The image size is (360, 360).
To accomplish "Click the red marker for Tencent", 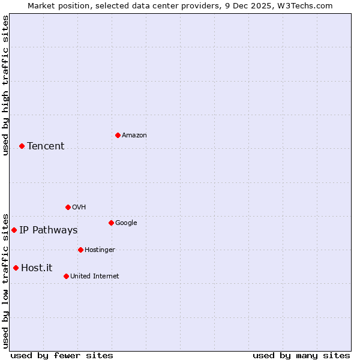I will coord(22,146).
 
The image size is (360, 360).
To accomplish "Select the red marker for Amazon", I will coord(118,135).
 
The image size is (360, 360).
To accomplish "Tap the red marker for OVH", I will coord(68,207).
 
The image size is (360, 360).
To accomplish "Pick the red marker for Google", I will coord(111,223).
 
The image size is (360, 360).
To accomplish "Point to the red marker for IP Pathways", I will coord(14,230).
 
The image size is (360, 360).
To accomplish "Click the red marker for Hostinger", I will coord(80,250).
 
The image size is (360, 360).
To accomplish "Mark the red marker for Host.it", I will coord(16,268).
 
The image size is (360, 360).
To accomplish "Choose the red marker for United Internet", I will coord(66,276).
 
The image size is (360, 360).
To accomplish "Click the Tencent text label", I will coord(46,146).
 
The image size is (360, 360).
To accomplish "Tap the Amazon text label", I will coord(134,136).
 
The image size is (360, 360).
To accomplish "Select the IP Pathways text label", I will coord(49,230).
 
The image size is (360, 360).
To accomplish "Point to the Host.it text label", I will coord(37,268).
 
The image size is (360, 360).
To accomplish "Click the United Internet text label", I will coord(95,277).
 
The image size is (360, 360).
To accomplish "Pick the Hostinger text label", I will coord(100,250).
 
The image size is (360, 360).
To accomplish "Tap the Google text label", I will coord(126,223).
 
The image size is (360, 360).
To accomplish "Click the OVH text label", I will coord(79,208).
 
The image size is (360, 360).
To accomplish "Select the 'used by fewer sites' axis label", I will coord(62,355).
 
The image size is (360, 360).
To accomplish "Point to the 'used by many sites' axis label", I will coord(301,355).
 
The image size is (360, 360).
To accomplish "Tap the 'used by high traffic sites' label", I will coord(5,85).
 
